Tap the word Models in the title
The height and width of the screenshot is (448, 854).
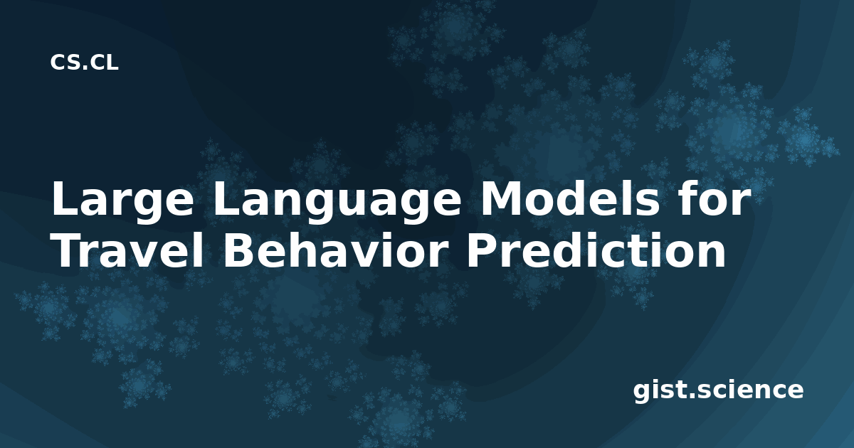pyautogui.click(x=569, y=199)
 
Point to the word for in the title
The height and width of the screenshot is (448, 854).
pyautogui.click(x=713, y=199)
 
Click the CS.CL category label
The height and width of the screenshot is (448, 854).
pyautogui.click(x=84, y=63)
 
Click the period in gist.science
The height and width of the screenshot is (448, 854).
pyautogui.click(x=691, y=396)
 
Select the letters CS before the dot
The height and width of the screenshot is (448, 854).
pyautogui.click(x=65, y=63)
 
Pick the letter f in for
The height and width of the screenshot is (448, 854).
pyautogui.click(x=687, y=198)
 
